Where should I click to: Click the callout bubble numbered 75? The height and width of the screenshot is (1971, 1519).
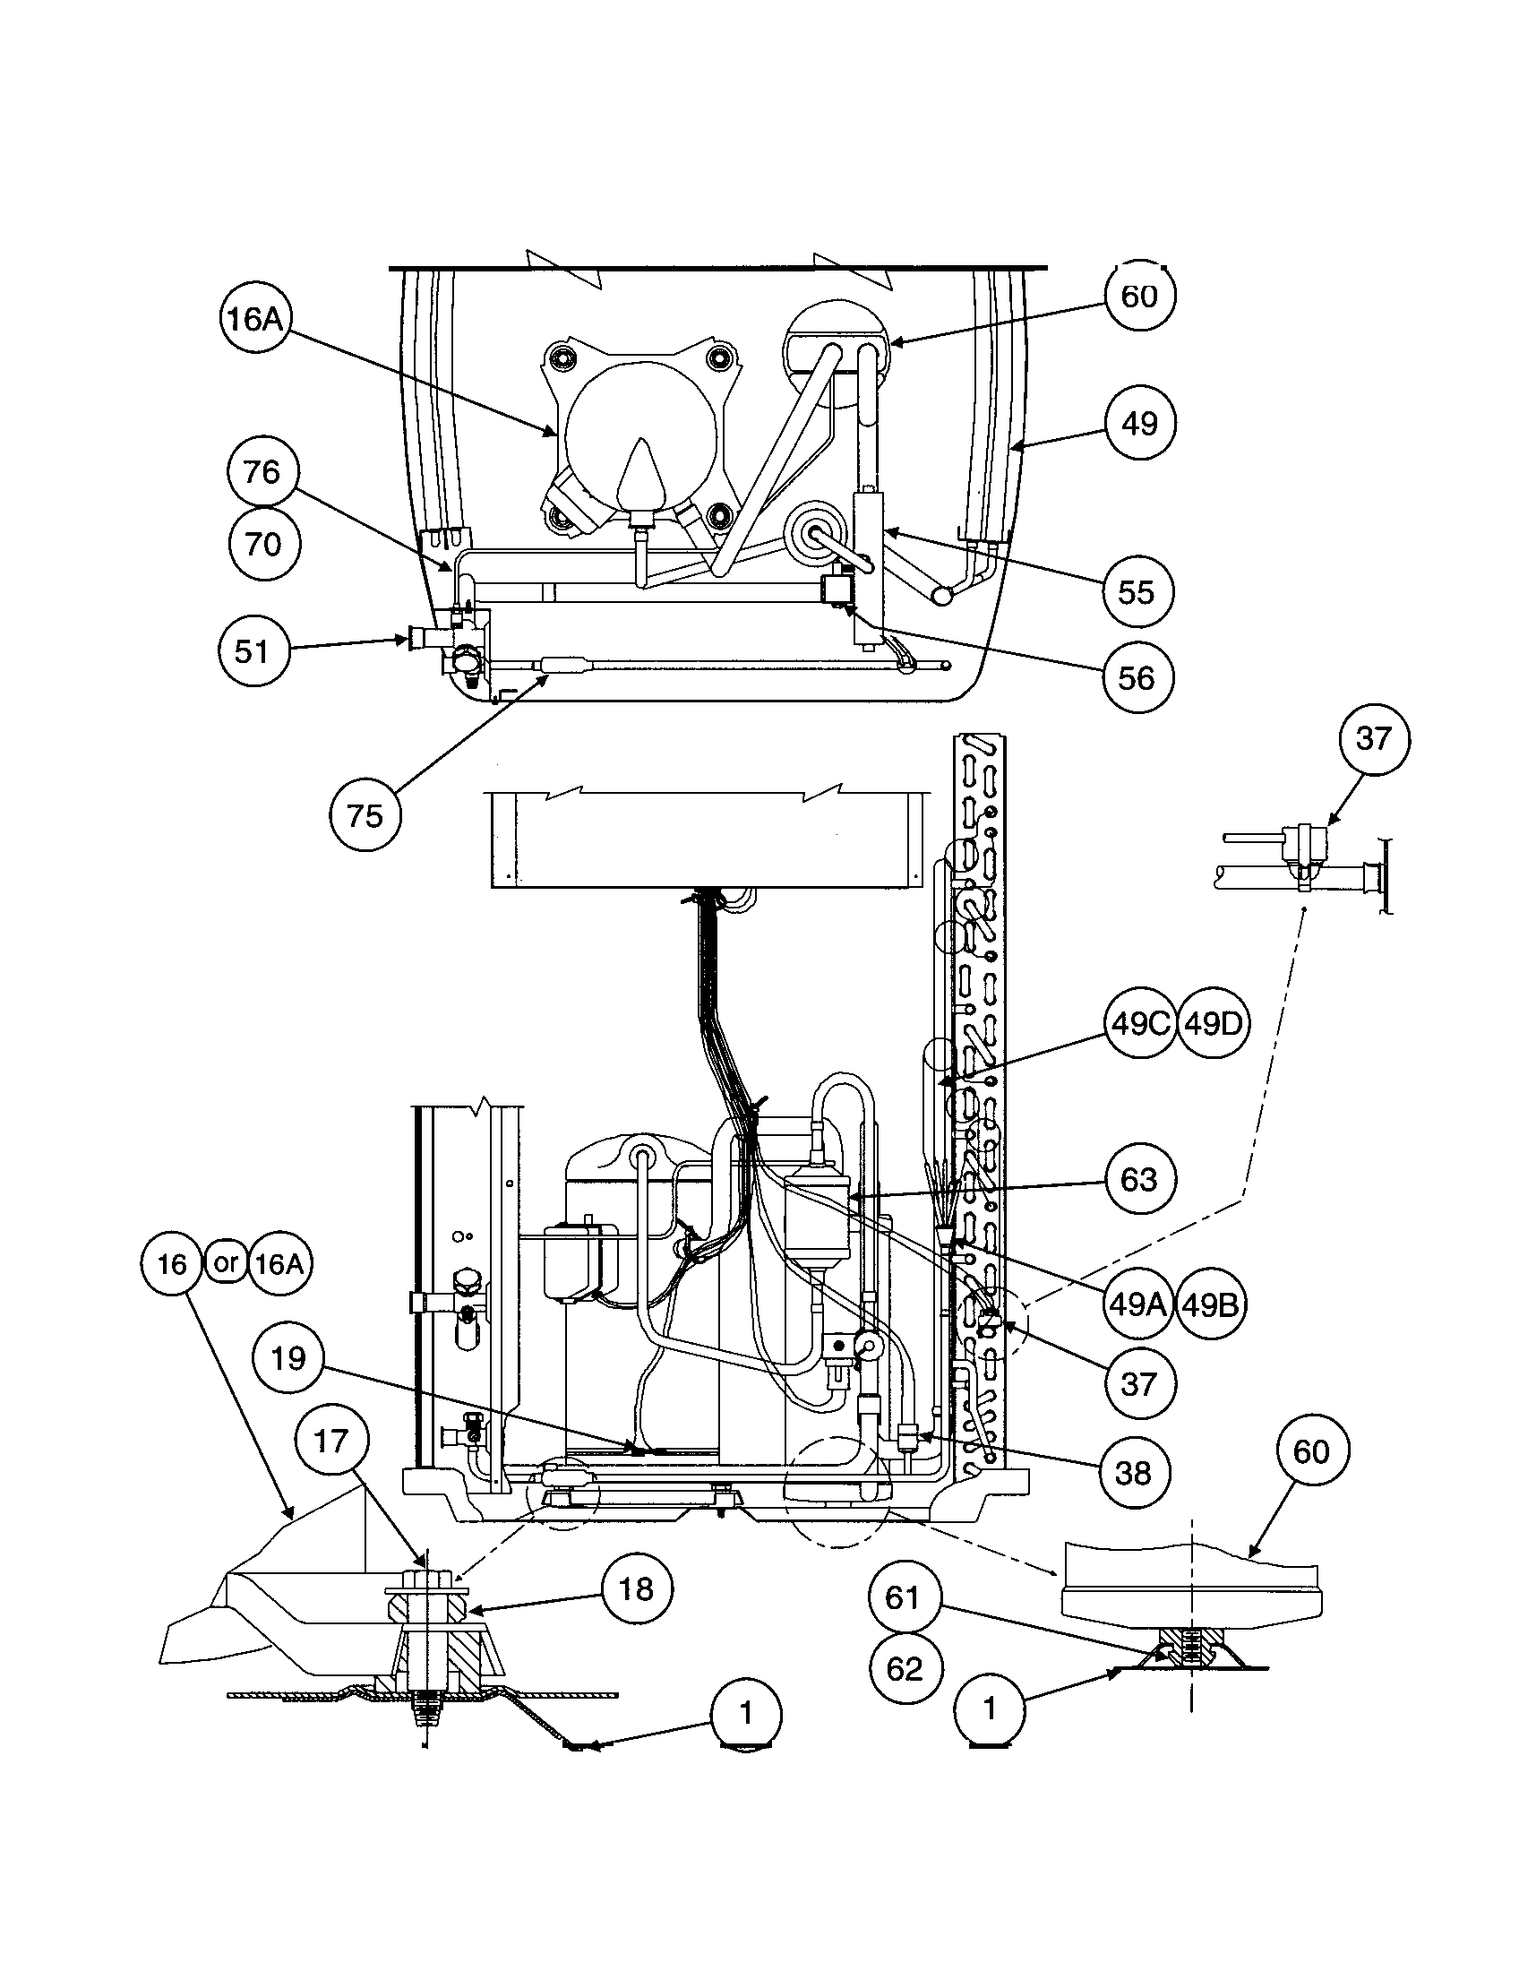coord(365,816)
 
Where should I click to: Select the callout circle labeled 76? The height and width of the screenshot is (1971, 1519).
coord(262,471)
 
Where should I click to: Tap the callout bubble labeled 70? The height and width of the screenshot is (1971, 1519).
coord(262,544)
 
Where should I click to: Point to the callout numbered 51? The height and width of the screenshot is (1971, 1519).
coord(253,650)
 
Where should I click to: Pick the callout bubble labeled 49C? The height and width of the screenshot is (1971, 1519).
coord(1140,1023)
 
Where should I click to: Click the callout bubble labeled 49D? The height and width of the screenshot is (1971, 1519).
coord(1214,1023)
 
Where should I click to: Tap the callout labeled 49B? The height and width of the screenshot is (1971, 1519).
coord(1210,1304)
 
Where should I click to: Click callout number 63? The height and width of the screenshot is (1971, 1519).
coord(1138,1180)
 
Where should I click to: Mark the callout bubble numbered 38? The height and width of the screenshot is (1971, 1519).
coord(1134,1473)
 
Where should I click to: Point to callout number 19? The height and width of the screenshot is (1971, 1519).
coord(288,1358)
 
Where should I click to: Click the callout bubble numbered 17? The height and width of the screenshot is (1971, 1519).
coord(331,1442)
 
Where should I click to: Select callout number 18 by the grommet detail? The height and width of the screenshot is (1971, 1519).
coord(637,1589)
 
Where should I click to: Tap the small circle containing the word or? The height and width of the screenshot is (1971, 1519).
coord(225,1262)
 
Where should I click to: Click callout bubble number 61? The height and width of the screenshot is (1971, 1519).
coord(903,1598)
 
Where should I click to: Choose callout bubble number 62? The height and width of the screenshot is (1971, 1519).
coord(905,1669)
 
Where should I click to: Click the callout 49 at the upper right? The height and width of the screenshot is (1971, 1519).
coord(1139,423)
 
